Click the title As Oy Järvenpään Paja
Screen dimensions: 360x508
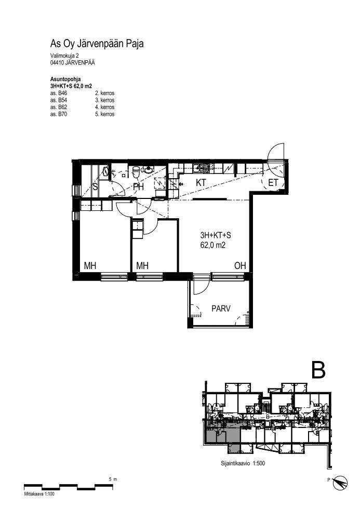(x=97, y=44)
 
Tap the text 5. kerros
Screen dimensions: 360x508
(x=104, y=114)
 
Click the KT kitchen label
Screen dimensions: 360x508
(x=201, y=182)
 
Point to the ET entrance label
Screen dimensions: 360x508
(x=273, y=183)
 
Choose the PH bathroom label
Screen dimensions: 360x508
(x=138, y=186)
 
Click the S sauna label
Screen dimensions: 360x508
(x=95, y=186)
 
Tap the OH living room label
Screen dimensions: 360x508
(x=240, y=266)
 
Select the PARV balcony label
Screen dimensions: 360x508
(x=221, y=309)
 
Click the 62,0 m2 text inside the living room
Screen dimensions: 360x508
(x=213, y=245)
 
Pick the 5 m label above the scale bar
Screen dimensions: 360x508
(x=113, y=479)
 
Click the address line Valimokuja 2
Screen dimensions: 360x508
(x=64, y=56)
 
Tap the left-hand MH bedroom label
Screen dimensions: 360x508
(x=90, y=266)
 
